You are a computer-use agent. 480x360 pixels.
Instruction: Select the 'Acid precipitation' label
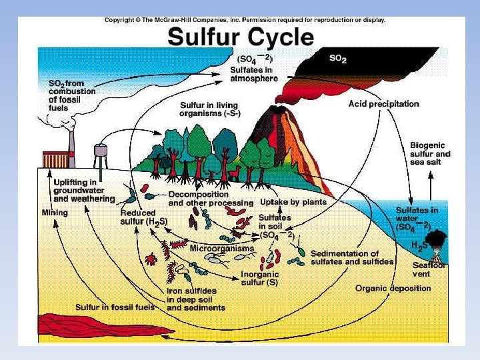pyautogui.click(x=384, y=104)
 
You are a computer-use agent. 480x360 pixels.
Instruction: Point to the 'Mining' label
pyautogui.click(x=55, y=213)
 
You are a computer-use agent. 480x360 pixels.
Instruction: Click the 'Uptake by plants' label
pyautogui.click(x=293, y=202)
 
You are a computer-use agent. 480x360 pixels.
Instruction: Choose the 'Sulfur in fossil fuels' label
pyautogui.click(x=115, y=307)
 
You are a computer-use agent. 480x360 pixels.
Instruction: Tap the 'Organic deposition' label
pyautogui.click(x=393, y=289)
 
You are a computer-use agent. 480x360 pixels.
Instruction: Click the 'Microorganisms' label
pyautogui.click(x=222, y=249)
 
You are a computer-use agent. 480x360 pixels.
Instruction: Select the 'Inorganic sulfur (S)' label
pyautogui.click(x=259, y=278)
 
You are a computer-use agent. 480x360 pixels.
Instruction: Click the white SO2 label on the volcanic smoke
pyautogui.click(x=339, y=59)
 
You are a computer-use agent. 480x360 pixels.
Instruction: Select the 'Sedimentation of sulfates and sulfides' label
pyautogui.click(x=352, y=258)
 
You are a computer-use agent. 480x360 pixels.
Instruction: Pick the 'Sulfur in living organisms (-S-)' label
pyautogui.click(x=210, y=109)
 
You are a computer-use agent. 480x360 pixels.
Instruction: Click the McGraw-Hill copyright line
pyautogui.click(x=245, y=20)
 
